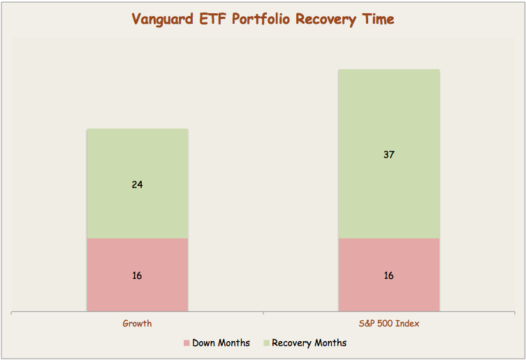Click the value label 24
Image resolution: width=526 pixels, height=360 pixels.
(137, 185)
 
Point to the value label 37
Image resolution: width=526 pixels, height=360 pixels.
(388, 154)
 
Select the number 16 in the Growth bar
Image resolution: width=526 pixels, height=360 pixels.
(137, 275)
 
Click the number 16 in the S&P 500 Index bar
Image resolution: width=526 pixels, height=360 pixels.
(388, 275)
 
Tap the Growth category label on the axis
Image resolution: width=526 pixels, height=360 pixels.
(137, 324)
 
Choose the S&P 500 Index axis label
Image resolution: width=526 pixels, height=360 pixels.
(388, 324)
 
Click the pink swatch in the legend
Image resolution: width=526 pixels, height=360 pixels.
(187, 343)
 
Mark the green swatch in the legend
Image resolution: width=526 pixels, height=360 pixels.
(265, 343)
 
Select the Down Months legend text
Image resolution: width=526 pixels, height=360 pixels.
(221, 343)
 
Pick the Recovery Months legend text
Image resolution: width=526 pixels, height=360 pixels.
(309, 343)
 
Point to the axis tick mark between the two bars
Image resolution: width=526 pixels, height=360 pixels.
(263, 314)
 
